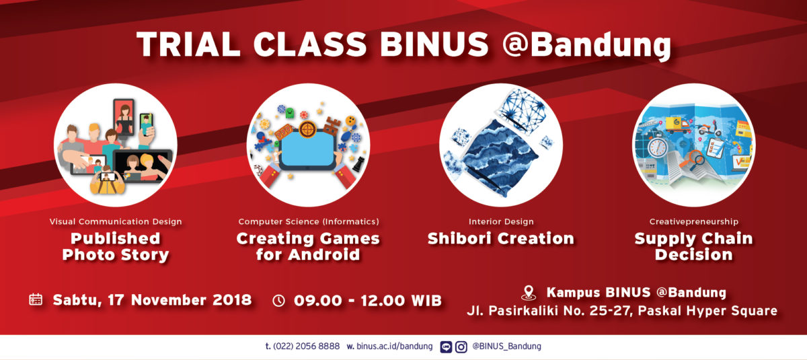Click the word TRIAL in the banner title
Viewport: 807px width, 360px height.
click(189, 44)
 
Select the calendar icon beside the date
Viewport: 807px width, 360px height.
click(36, 300)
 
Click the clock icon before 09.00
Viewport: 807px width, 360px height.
click(278, 301)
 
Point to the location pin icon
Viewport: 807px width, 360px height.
click(529, 293)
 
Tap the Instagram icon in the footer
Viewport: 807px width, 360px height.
click(461, 347)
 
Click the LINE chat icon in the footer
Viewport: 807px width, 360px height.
click(446, 347)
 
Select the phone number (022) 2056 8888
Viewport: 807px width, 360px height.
click(306, 347)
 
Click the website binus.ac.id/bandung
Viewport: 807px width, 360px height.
click(395, 347)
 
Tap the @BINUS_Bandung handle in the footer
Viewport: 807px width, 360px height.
click(506, 347)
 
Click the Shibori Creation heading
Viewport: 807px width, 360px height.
click(501, 239)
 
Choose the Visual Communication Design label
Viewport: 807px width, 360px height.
click(116, 221)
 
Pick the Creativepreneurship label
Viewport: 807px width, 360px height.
click(694, 221)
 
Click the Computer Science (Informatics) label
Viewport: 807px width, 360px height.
click(309, 221)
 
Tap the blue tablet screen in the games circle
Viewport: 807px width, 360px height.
click(307, 149)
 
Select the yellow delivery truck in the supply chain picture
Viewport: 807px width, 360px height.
click(677, 124)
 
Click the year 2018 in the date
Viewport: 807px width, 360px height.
click(232, 300)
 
